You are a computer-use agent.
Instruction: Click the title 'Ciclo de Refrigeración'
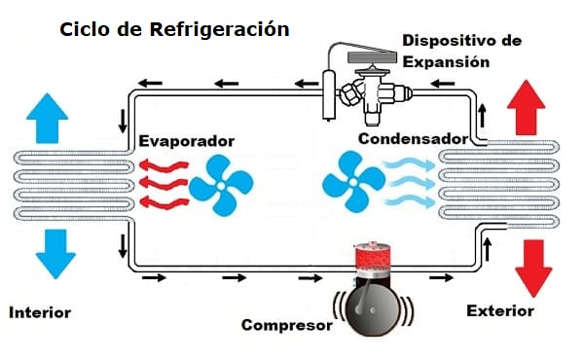pos(174,30)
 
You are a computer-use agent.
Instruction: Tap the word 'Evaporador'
pos(186,141)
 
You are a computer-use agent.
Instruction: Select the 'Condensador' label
pos(413,139)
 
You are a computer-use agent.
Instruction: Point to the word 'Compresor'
pos(287,325)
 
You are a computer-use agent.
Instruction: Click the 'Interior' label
pos(40,312)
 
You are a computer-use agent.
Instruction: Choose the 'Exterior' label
pos(500,310)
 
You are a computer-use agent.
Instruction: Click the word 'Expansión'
pos(446,62)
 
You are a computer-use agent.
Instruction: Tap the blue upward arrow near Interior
pos(47,119)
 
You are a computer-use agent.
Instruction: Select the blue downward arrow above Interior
pos(55,254)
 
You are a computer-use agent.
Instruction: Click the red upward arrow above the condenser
pos(526,107)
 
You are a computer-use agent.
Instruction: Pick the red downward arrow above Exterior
pos(533,269)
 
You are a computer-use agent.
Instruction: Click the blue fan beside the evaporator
pos(221,185)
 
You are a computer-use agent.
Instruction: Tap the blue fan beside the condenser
pos(353,182)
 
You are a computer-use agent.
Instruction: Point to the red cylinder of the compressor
pos(373,257)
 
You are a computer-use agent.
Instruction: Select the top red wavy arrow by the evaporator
pos(164,165)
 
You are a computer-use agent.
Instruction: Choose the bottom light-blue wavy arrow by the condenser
pos(410,202)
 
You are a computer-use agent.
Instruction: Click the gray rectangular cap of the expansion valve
pos(373,57)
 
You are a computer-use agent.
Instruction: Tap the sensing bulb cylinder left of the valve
pos(329,95)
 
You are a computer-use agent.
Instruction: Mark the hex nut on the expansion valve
pos(349,93)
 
